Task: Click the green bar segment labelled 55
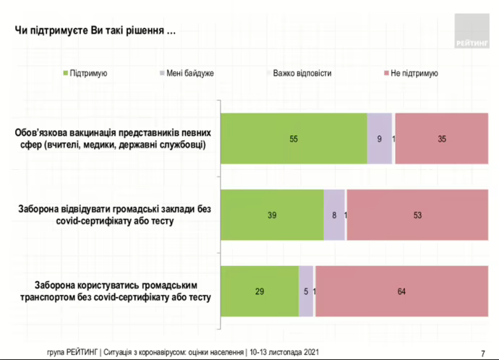[294, 138]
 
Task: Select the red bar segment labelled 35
[441, 138]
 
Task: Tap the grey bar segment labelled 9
[379, 138]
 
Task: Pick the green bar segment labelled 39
[271, 215]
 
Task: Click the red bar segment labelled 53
[417, 215]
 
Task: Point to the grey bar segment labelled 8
[333, 215]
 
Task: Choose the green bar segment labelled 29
[259, 291]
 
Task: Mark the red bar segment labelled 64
[401, 291]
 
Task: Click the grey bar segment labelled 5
[306, 291]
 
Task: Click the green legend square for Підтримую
[65, 73]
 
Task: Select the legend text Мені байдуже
[189, 73]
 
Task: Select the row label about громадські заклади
[114, 215]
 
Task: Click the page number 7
[482, 352]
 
